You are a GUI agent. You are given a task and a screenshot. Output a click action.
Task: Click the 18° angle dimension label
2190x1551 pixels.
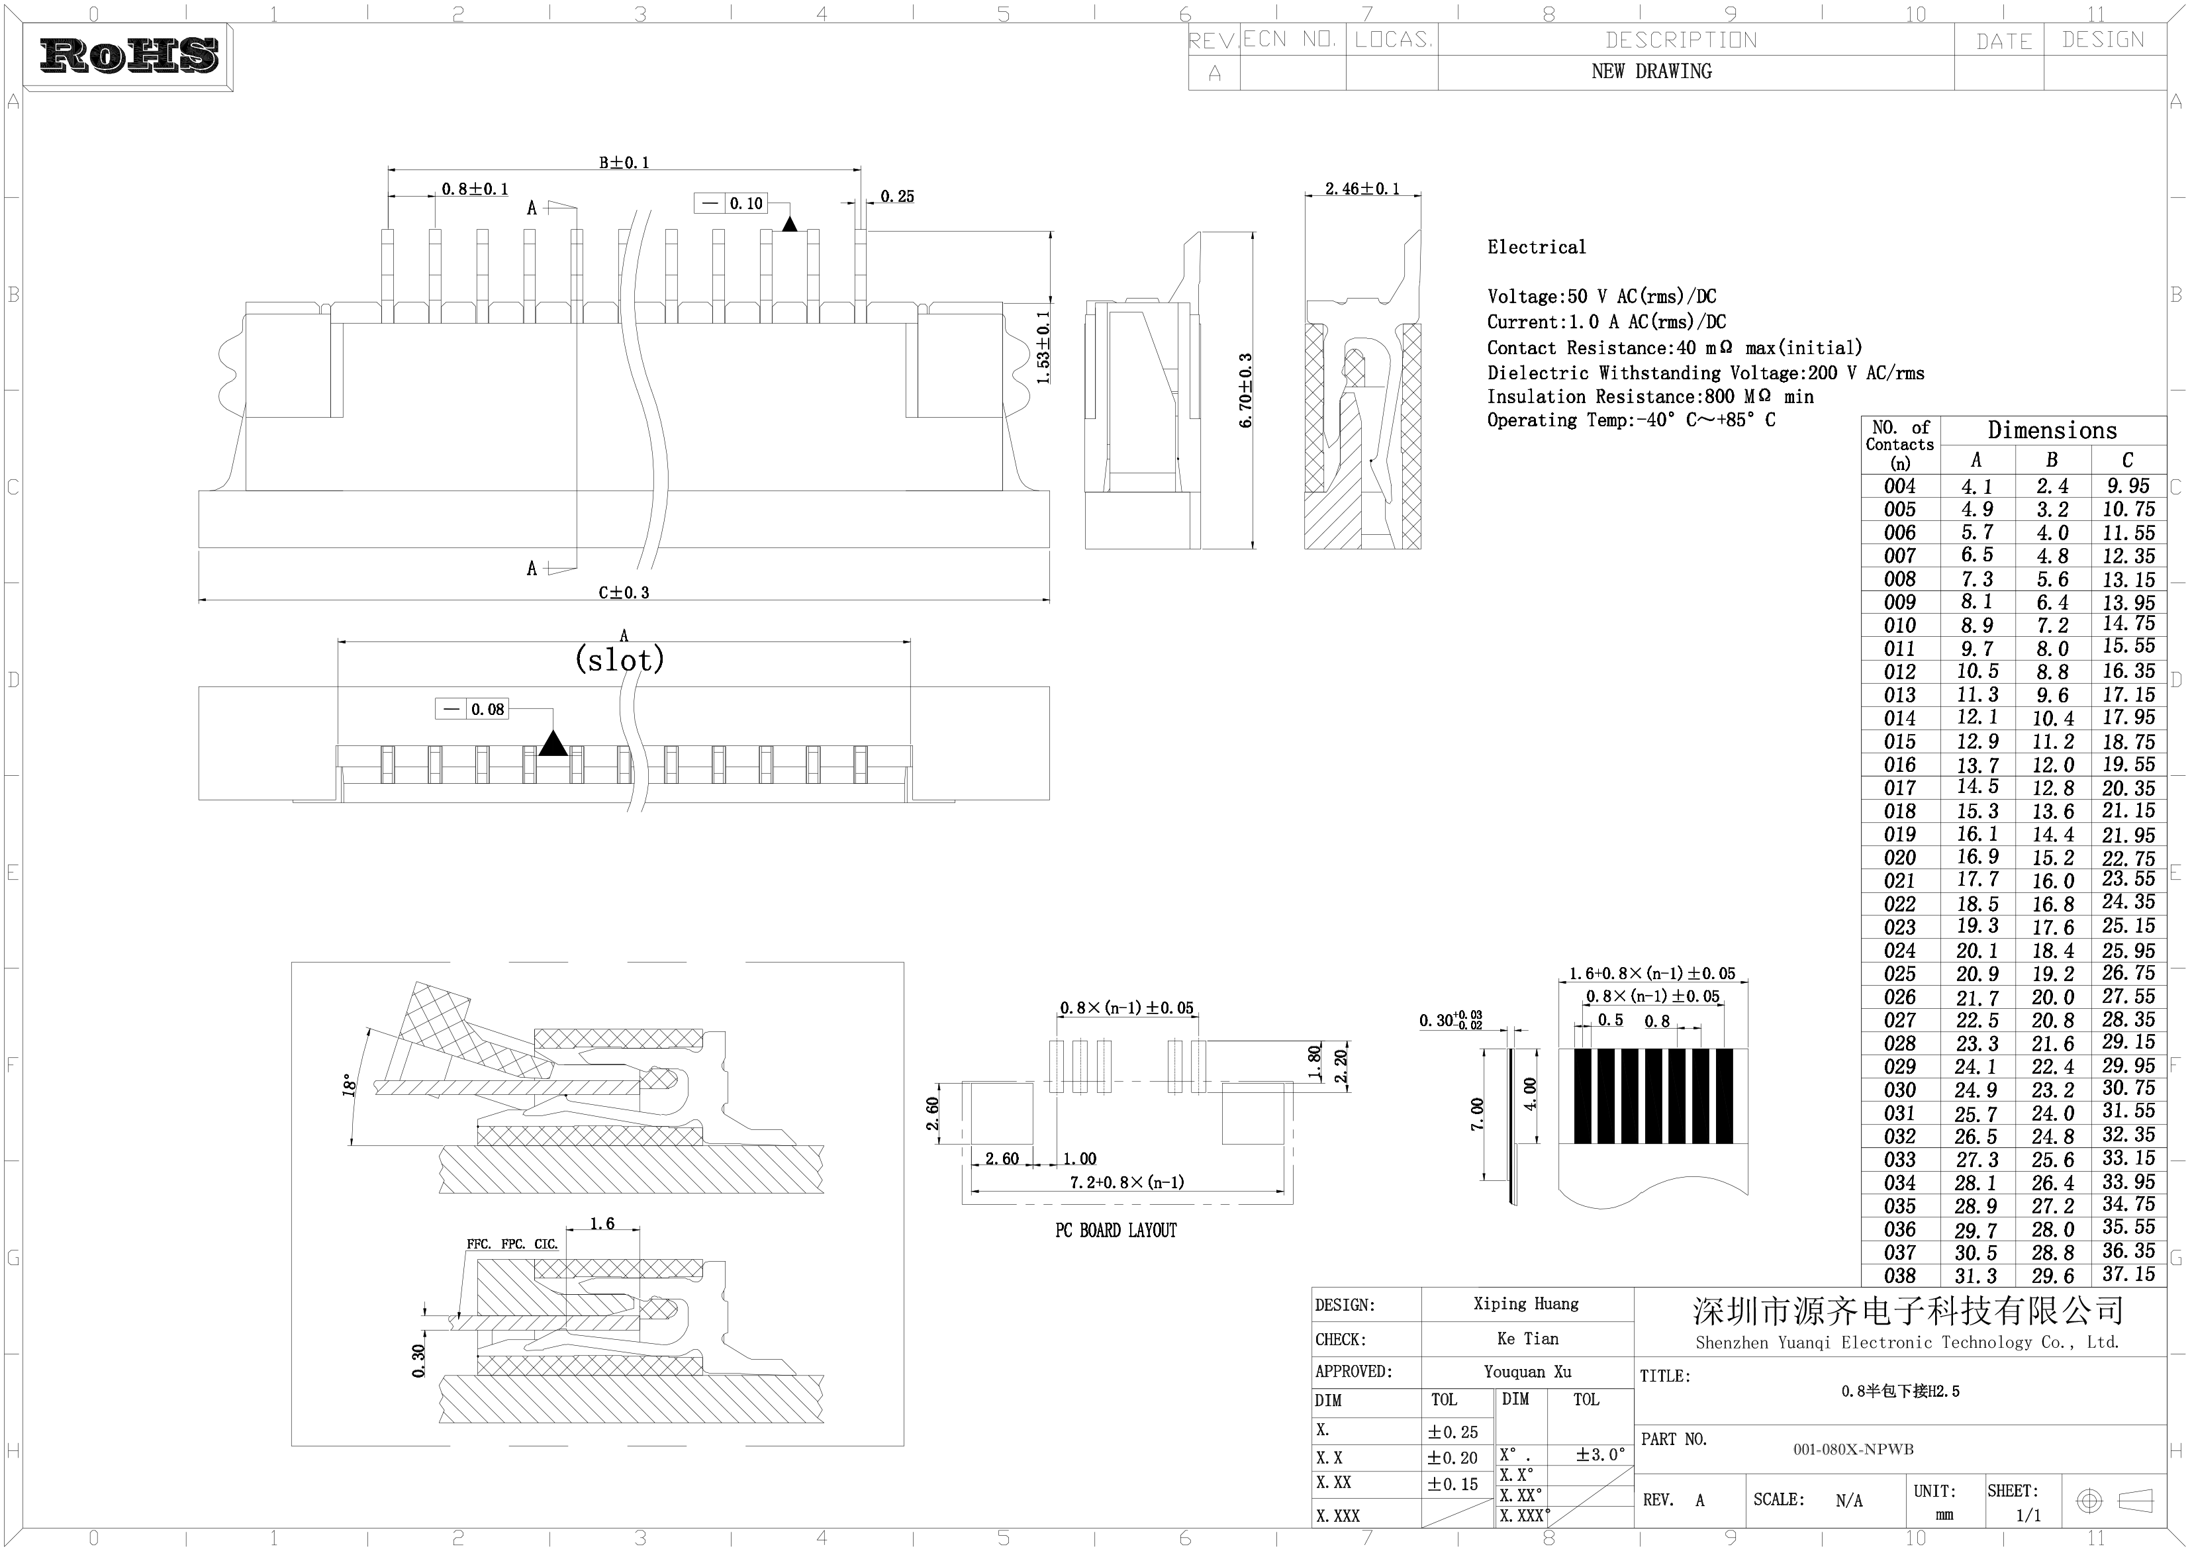[350, 1085]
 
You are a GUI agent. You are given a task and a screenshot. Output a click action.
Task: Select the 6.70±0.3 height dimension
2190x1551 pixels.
[1245, 391]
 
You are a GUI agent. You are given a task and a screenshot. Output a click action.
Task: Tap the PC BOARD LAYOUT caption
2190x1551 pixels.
[1116, 1230]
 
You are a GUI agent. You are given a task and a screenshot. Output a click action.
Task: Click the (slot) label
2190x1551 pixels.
[619, 659]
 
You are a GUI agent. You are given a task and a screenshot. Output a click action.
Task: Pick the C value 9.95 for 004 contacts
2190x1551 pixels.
[2128, 486]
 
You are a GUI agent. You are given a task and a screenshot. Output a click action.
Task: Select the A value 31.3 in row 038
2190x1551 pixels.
[1975, 1276]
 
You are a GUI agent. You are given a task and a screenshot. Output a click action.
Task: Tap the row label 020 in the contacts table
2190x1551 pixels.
[1899, 858]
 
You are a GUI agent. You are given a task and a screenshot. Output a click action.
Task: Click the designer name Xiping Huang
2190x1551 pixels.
[1525, 1303]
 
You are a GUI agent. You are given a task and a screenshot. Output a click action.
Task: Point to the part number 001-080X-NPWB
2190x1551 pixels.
[1853, 1449]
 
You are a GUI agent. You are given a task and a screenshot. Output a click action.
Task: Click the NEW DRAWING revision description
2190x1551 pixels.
[1651, 71]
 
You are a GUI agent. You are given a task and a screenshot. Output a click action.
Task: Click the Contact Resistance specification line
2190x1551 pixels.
[1674, 348]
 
